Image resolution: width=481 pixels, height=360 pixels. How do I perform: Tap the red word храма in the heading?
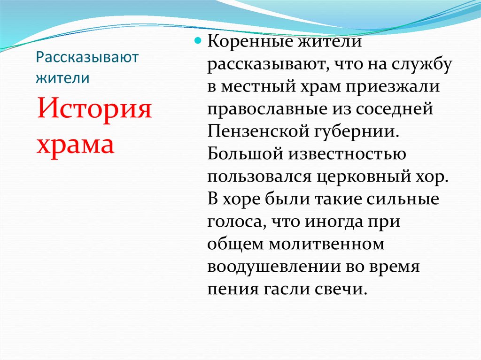(x=76, y=145)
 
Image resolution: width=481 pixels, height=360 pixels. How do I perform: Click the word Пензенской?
(x=257, y=131)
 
